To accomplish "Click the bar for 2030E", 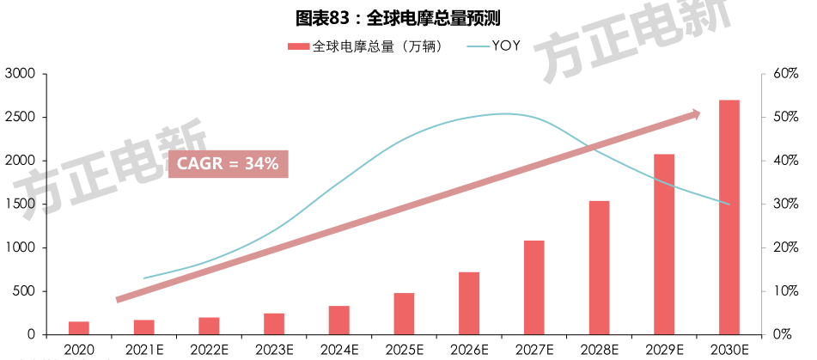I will click(x=729, y=217).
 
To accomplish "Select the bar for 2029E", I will click(x=664, y=244).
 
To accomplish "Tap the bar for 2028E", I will click(x=599, y=267).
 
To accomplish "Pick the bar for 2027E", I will click(x=533, y=287).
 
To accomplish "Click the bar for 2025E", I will click(x=404, y=314).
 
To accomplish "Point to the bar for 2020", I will click(x=79, y=328).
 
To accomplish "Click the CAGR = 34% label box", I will click(x=228, y=163).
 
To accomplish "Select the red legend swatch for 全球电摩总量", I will click(x=297, y=46).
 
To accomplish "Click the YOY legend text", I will click(x=506, y=46).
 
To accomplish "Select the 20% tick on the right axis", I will click(x=786, y=248).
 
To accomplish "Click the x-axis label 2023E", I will click(x=274, y=349).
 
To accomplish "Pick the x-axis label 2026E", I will click(x=469, y=349).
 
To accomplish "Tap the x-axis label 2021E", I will click(x=143, y=349).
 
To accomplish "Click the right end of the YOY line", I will click(x=729, y=204).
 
